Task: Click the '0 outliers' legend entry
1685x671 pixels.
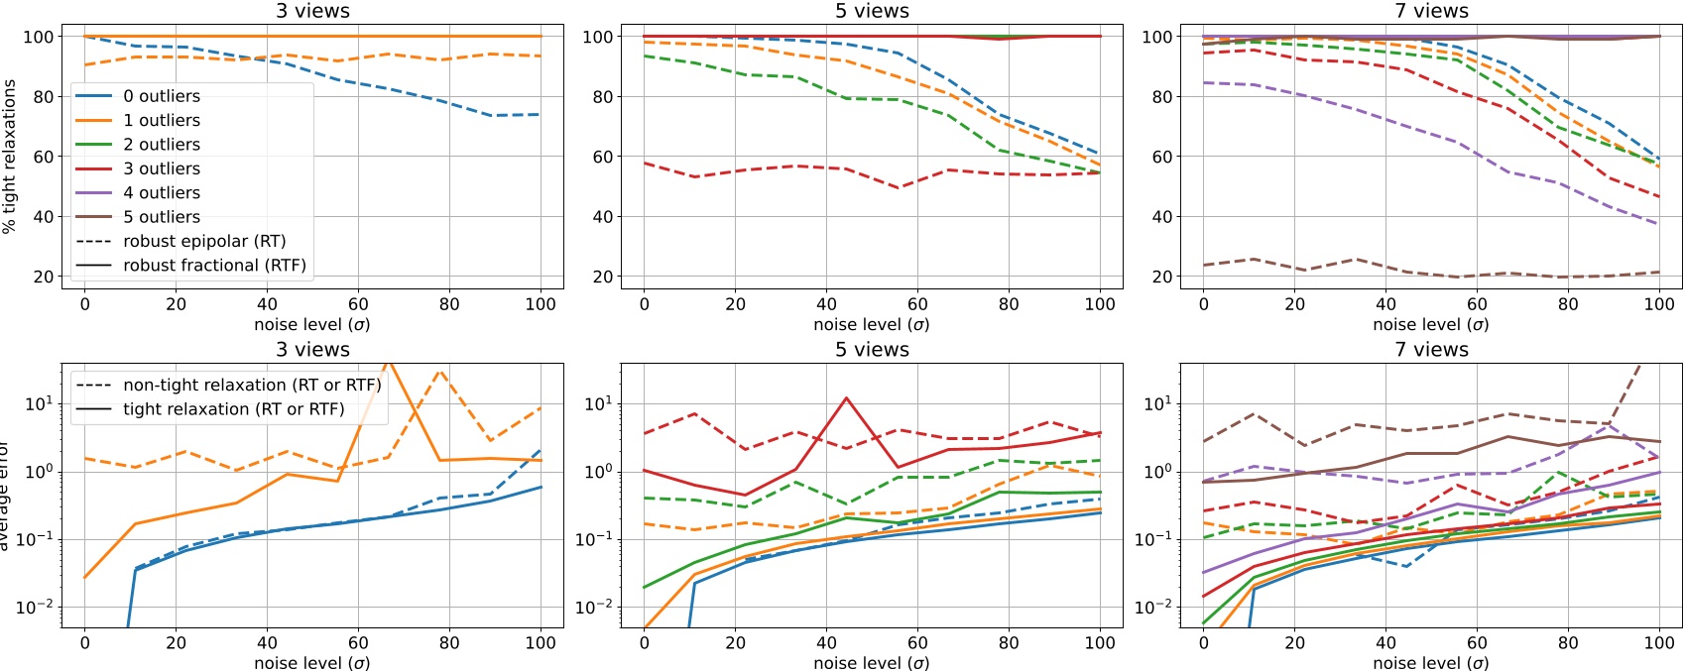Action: click(x=161, y=96)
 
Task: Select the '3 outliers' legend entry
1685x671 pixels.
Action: click(x=161, y=168)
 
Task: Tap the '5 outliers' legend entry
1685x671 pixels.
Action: click(x=161, y=217)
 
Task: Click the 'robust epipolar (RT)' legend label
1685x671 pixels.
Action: click(x=204, y=241)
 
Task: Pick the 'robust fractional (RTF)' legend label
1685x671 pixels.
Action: click(x=214, y=266)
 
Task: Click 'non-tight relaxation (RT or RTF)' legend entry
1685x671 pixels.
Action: click(x=252, y=385)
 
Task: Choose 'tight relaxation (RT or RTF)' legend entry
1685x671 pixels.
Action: click(x=234, y=409)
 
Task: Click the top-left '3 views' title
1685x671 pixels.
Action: click(x=312, y=11)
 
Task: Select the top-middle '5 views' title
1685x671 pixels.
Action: click(x=872, y=11)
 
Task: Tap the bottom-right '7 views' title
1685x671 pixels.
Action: click(x=1431, y=350)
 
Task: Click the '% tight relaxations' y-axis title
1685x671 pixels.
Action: click(x=9, y=157)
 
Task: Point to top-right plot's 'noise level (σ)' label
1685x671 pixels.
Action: click(x=1431, y=324)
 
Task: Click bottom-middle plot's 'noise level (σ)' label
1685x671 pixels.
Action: click(x=872, y=662)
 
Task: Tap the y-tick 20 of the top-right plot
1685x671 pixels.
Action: click(x=1162, y=277)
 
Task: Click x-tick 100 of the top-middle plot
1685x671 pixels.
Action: click(x=1099, y=304)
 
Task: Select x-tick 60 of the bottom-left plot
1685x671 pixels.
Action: click(x=358, y=642)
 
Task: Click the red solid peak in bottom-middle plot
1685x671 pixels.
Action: click(x=846, y=398)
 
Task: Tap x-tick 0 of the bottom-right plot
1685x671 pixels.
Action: click(x=1204, y=642)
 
